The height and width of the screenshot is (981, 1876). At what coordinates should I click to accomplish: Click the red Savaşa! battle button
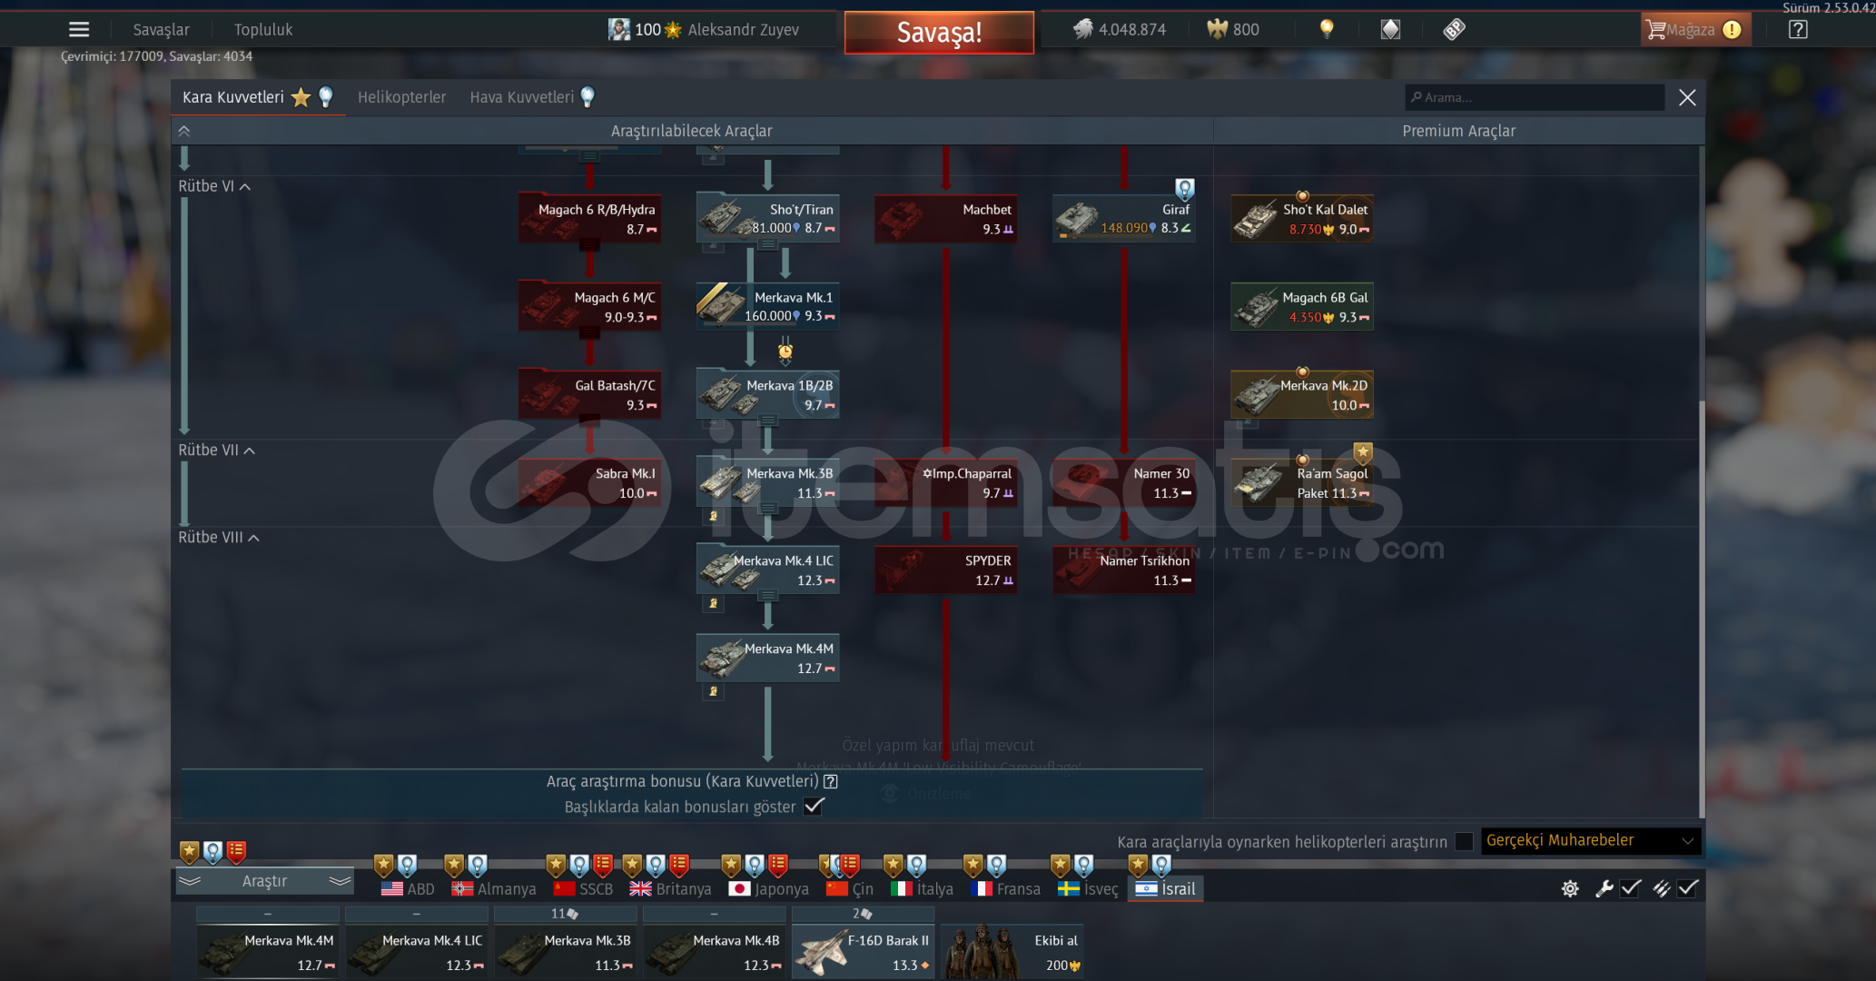click(939, 33)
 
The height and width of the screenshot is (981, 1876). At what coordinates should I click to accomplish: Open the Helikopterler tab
click(401, 97)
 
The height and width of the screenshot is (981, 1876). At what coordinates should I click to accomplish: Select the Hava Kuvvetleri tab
click(522, 97)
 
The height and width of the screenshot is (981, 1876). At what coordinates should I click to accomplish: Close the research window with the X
click(1687, 97)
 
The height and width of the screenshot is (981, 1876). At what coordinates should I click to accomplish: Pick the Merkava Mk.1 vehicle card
click(767, 306)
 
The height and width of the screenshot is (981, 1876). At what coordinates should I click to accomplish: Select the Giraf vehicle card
click(1123, 219)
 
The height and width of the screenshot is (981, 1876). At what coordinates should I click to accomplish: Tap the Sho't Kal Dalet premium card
click(1301, 219)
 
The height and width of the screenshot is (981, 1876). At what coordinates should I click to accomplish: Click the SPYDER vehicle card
click(945, 570)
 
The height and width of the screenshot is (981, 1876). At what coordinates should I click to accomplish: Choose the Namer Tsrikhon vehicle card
click(1123, 570)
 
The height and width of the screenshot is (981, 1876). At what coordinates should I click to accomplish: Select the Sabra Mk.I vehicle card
click(589, 483)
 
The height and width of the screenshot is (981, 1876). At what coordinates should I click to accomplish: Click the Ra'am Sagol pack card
click(1301, 483)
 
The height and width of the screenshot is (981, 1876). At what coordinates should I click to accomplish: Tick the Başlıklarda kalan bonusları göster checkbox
click(814, 807)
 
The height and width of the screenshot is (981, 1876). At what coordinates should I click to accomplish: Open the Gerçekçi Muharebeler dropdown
click(1590, 841)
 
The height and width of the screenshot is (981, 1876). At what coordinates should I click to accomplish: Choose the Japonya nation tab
click(768, 888)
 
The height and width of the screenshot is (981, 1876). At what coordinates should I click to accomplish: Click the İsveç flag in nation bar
click(1069, 888)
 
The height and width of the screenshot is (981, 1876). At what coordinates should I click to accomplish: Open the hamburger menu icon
click(79, 30)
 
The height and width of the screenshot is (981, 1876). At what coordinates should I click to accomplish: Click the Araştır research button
click(264, 881)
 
